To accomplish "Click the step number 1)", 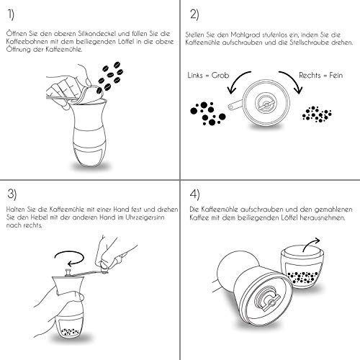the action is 11,14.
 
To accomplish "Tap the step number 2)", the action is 194,14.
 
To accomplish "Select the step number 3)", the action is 12,194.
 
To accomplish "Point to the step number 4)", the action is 194,194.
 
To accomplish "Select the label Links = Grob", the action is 208,76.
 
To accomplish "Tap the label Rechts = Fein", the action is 320,76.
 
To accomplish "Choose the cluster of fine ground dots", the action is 317,114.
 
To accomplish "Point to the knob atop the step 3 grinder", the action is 68,274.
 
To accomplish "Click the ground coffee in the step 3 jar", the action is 70,332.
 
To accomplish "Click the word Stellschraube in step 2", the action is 309,42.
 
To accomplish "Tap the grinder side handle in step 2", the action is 235,105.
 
